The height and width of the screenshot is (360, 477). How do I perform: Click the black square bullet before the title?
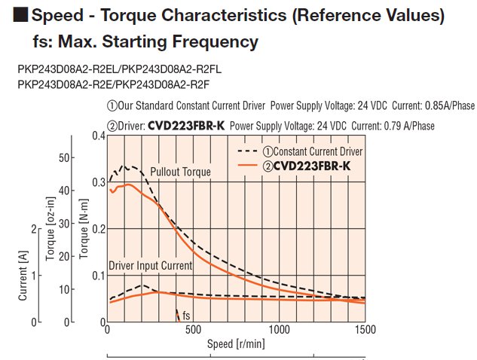click(x=21, y=15)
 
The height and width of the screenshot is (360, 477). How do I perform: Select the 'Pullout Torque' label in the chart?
click(x=180, y=172)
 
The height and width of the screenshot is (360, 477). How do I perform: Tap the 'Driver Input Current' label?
click(x=151, y=266)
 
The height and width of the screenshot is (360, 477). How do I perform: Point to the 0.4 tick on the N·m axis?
click(x=99, y=136)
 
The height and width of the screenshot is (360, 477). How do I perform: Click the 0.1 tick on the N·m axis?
click(x=99, y=276)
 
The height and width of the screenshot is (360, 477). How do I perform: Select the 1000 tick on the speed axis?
click(x=280, y=330)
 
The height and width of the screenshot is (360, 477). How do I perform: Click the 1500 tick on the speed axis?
click(x=365, y=330)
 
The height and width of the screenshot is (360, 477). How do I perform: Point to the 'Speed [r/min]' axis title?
click(x=237, y=344)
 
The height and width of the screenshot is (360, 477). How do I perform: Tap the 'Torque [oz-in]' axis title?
click(x=50, y=227)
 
